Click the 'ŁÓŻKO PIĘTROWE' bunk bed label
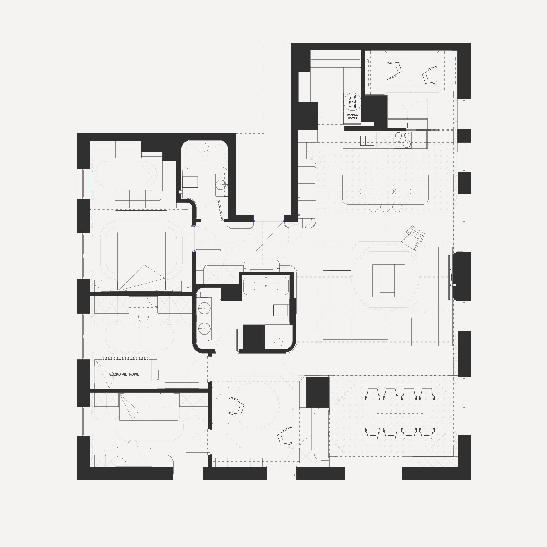click(124, 374)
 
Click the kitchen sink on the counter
click(368, 140)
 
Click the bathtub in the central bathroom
click(266, 286)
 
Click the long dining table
click(400, 414)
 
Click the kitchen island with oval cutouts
click(385, 189)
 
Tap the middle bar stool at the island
click(385, 208)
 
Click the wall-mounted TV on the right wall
click(449, 277)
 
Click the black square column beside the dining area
click(318, 392)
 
